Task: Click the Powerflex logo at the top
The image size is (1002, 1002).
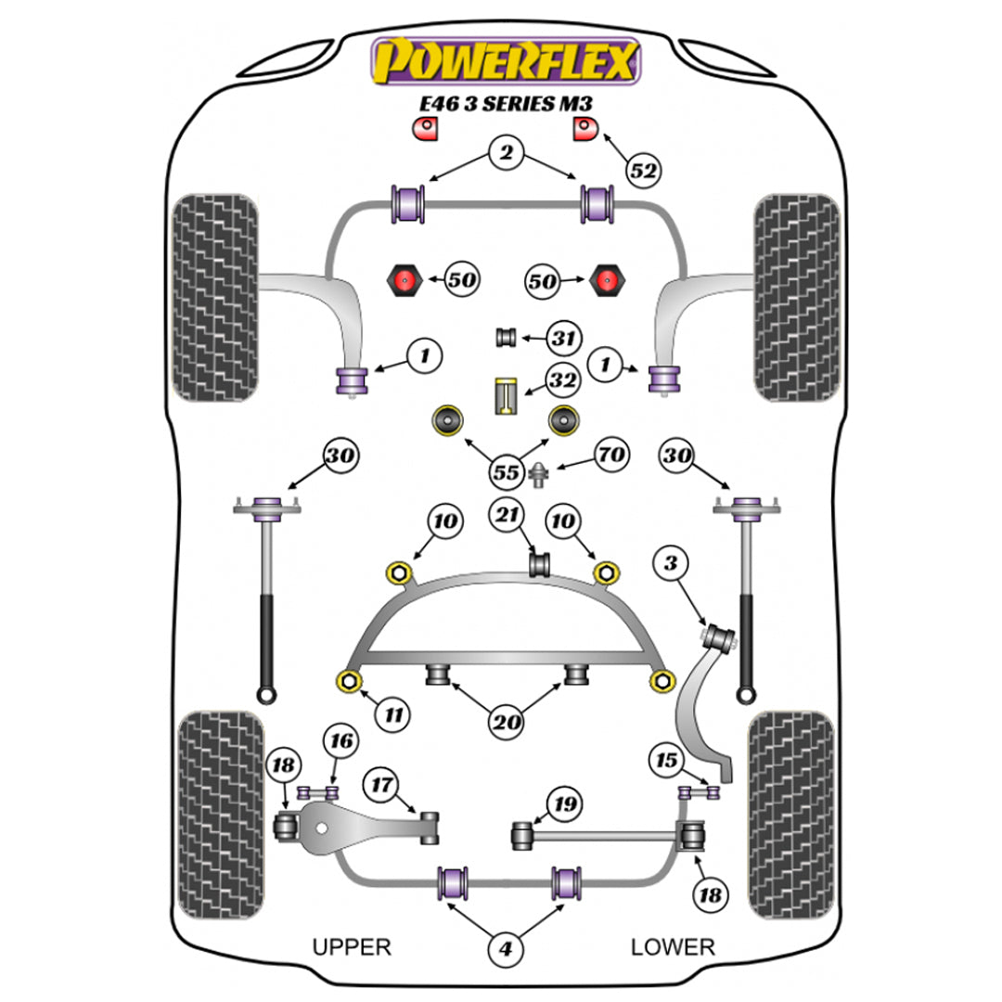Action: pos(506,61)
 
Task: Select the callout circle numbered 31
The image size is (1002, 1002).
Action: pos(560,339)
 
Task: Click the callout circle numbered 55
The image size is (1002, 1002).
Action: pos(506,472)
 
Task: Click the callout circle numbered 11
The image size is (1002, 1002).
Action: pos(393,714)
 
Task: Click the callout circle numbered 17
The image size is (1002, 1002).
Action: pos(380,784)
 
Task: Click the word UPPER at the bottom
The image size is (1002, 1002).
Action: pos(352,946)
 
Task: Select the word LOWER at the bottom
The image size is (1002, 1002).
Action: pos(673,946)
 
